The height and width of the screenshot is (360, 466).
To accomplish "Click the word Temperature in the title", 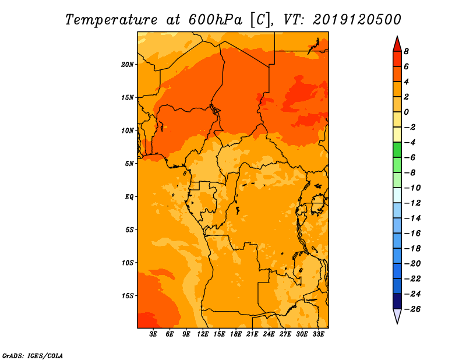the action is pos(111,20).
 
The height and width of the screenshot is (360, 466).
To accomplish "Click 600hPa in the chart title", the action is pos(216,20).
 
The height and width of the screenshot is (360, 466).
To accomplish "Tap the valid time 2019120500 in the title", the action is pos(357,20).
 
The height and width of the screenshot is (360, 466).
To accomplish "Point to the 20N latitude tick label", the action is pos(128,64).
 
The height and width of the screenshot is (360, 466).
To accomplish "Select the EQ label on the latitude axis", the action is pos(129,197).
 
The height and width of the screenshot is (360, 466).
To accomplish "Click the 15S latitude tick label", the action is pos(128,296).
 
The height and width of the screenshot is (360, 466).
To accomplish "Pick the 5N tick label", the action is pos(129,164).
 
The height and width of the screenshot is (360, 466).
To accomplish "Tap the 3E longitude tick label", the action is pos(153,334).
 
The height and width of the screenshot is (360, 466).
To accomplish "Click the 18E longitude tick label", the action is pos(236,334).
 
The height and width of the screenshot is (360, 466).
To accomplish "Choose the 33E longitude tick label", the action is pos(318,334).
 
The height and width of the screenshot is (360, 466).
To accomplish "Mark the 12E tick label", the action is pos(203,334).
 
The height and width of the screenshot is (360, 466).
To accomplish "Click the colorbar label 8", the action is pos(406,51).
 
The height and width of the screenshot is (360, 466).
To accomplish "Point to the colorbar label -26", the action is pos(412,309).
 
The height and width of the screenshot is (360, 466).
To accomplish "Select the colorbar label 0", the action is pos(406,112).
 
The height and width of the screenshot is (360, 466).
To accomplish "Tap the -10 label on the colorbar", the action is pos(412,188).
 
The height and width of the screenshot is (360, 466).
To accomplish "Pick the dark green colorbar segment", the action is pos(397,150).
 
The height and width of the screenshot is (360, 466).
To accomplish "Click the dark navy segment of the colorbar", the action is pos(397,301).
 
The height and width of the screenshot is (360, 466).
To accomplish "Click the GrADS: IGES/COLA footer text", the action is pos(33,356).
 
